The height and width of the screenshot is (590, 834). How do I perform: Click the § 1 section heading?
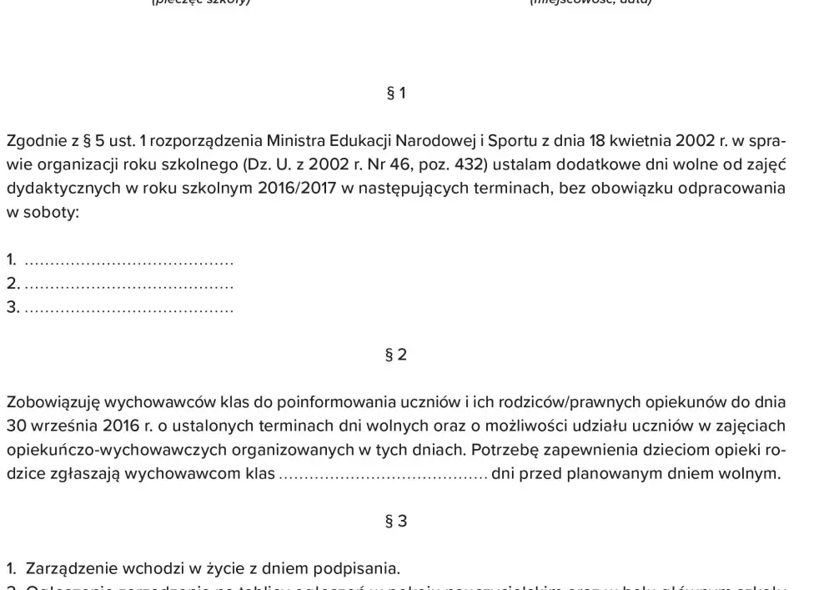[396, 93]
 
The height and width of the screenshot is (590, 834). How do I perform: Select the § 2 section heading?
[396, 355]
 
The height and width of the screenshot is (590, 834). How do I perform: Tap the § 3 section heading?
[396, 522]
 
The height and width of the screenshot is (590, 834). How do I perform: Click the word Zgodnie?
[34, 140]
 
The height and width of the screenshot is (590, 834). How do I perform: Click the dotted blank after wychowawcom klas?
[383, 476]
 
